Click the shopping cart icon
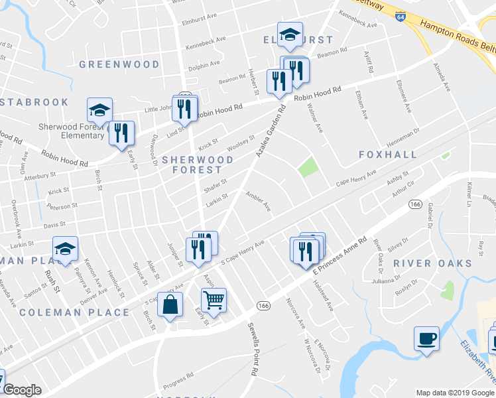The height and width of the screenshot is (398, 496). [x=214, y=300]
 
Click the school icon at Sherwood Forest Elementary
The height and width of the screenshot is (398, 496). [x=99, y=109]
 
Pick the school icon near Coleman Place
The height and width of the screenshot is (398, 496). [x=65, y=249]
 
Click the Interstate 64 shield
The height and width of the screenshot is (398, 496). [x=400, y=15]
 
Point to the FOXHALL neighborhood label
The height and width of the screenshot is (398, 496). [x=388, y=155]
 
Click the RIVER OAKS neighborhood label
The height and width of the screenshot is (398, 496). [x=432, y=263]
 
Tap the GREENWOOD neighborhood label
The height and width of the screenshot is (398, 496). [x=119, y=64]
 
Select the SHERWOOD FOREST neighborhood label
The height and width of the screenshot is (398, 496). [x=198, y=165]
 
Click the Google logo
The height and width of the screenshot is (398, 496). [x=23, y=390]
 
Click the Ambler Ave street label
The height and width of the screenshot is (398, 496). [x=259, y=202]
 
